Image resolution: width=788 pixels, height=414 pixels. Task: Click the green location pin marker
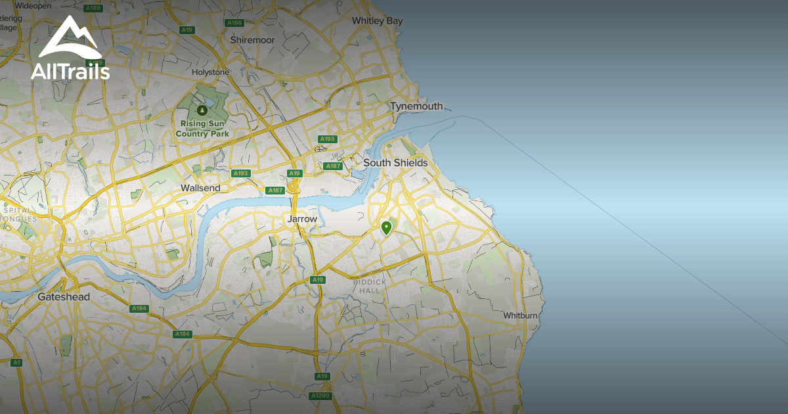pyautogui.click(x=386, y=228)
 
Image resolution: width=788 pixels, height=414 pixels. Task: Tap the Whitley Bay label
pyautogui.click(x=377, y=21)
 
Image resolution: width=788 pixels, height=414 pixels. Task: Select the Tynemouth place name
pyautogui.click(x=416, y=106)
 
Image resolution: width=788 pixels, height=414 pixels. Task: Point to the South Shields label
pyautogui.click(x=395, y=162)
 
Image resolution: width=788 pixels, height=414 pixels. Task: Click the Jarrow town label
pyautogui.click(x=302, y=219)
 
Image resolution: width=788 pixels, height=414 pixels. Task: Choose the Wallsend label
pyautogui.click(x=200, y=188)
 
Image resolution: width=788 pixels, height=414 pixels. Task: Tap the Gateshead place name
pyautogui.click(x=64, y=297)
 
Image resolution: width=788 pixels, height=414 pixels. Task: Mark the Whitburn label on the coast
pyautogui.click(x=521, y=315)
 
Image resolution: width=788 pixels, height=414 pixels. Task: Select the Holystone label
pyautogui.click(x=210, y=72)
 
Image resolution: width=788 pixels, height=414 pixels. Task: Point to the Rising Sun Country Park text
pyautogui.click(x=202, y=129)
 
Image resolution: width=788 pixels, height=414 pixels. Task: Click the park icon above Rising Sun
pyautogui.click(x=202, y=109)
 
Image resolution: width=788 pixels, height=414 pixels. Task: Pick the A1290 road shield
pyautogui.click(x=321, y=396)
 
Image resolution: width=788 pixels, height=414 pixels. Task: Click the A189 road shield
pyautogui.click(x=93, y=8)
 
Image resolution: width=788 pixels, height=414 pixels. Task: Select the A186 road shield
pyautogui.click(x=234, y=22)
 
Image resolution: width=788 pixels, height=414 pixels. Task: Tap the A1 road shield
pyautogui.click(x=16, y=362)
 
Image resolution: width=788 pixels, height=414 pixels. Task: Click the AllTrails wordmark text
pyautogui.click(x=70, y=71)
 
